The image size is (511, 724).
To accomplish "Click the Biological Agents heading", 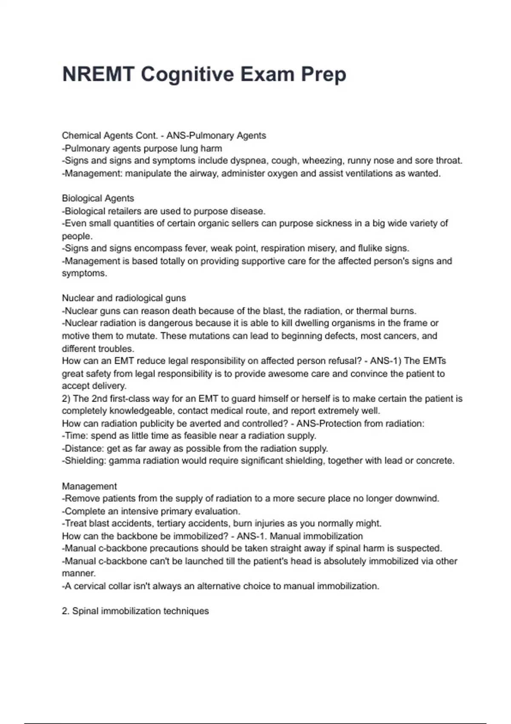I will click(98, 198).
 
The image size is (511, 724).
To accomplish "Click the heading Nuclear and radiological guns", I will click(124, 298).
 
